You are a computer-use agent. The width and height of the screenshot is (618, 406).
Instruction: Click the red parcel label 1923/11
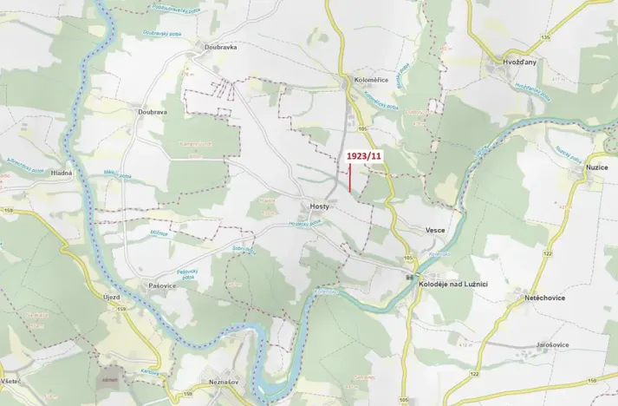coord(363,155)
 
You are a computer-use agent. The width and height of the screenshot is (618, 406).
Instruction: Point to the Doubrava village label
coord(152,112)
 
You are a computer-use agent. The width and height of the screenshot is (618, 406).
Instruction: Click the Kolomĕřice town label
coord(371,80)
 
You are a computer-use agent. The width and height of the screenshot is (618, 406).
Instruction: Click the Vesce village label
coord(435,230)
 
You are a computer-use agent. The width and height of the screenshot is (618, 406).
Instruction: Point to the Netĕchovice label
coord(544,297)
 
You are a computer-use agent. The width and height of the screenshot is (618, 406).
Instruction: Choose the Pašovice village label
coord(162,285)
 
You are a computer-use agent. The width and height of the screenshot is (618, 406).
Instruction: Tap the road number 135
coord(544,37)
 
